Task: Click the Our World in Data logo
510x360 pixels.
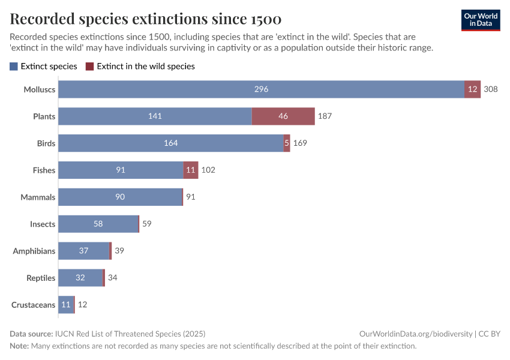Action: tap(480, 19)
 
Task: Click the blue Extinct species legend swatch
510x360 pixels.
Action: tap(14, 67)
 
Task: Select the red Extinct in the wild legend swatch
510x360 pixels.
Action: tap(90, 67)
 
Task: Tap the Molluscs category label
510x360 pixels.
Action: tap(39, 89)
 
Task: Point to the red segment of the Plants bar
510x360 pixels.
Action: tap(283, 116)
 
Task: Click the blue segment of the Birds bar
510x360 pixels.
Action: tap(170, 143)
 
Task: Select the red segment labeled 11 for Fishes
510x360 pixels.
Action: tap(191, 170)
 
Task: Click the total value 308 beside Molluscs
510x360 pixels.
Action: tap(491, 89)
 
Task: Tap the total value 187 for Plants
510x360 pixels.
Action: tap(325, 116)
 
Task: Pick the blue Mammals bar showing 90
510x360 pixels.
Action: tap(120, 197)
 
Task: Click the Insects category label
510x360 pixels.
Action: tap(43, 224)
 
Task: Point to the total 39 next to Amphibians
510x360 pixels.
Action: tap(119, 251)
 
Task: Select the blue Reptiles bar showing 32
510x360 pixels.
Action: tap(80, 278)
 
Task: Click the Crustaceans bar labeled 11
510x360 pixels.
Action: tap(66, 305)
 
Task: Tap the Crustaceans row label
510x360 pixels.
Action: tap(33, 305)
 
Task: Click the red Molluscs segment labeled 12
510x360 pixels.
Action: tap(472, 89)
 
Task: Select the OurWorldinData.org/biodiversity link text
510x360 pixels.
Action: tap(415, 334)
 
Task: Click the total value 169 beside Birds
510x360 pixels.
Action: tap(300, 143)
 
